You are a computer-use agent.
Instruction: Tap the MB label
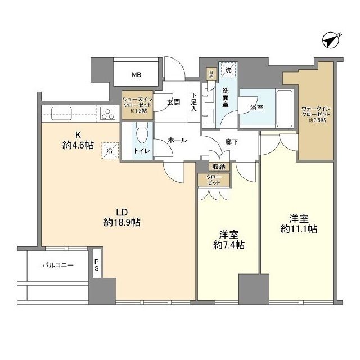coord(137,74)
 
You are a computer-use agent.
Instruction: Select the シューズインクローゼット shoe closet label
coord(137,103)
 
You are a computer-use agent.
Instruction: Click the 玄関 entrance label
coord(173,102)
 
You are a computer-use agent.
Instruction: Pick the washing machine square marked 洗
coord(228,70)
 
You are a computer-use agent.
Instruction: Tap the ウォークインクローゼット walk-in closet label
coord(316,111)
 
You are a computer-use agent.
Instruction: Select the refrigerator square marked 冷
coord(111,150)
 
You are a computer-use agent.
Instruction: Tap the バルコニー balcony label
coord(58,265)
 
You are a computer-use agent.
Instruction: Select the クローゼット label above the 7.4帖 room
coord(214,180)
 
